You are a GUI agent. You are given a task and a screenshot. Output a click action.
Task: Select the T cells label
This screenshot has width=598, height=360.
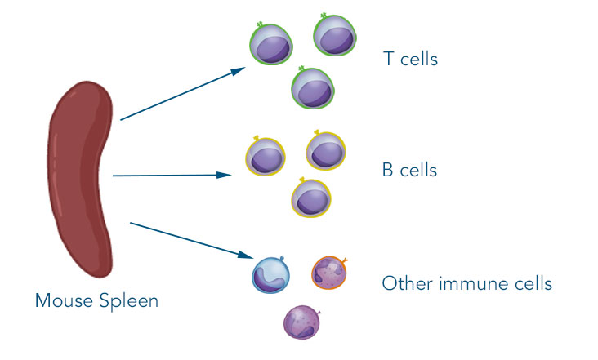pyautogui.click(x=410, y=59)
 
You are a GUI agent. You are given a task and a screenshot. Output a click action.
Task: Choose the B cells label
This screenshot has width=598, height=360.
pyautogui.click(x=409, y=171)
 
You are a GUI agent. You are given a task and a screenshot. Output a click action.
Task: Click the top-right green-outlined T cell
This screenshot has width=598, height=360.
pyautogui.click(x=334, y=36)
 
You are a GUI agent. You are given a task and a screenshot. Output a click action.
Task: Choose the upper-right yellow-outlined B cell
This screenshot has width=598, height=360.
pyautogui.click(x=326, y=149)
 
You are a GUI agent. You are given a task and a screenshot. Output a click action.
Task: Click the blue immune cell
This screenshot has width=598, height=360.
pyautogui.click(x=270, y=274)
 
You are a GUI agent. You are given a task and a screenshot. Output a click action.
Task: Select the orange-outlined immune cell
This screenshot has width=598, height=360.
pyautogui.click(x=329, y=273)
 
